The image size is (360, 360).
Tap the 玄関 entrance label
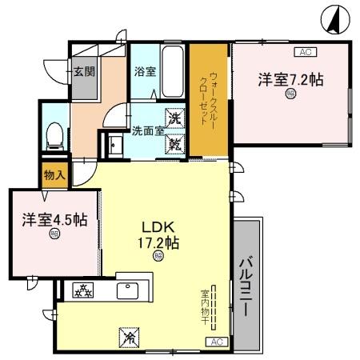coord(85,70)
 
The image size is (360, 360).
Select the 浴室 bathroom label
coord(145,70)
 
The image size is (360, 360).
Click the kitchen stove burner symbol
coord(82,291)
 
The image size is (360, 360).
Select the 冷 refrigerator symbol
coord(127,338)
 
